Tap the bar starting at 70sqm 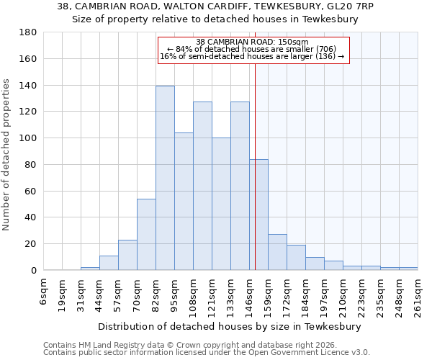click(146, 234)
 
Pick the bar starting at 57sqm click(127, 255)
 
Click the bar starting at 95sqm click(184, 202)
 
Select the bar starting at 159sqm click(277, 252)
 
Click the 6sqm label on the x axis click(43, 292)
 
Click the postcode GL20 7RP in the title click(351, 6)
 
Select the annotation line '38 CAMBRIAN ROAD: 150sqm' click(253, 42)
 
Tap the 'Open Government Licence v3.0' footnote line click(206, 352)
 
